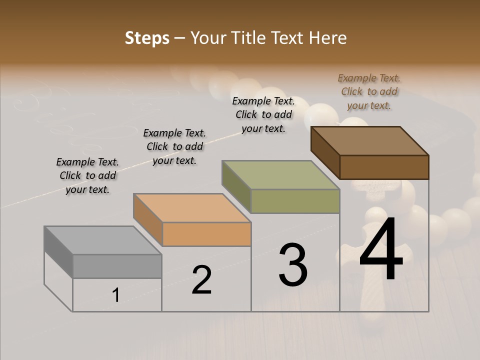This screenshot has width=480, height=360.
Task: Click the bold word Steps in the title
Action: [147, 38]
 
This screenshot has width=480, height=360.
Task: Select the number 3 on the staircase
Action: [293, 265]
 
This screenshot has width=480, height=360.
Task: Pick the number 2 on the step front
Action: [201, 280]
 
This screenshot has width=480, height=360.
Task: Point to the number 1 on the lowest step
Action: [115, 295]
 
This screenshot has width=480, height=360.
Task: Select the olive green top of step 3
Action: [280, 174]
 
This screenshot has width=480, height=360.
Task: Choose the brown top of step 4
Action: [370, 141]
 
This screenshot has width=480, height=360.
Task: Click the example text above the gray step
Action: [87, 176]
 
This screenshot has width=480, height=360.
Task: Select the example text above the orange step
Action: [174, 147]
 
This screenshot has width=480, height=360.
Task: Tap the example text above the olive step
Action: [263, 114]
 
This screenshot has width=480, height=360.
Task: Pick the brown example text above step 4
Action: [369, 92]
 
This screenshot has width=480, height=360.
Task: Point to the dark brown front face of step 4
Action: [384, 167]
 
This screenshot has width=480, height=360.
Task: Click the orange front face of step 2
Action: [206, 234]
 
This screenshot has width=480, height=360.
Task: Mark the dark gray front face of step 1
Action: [117, 266]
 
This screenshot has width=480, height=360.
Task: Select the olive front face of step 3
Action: [295, 201]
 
